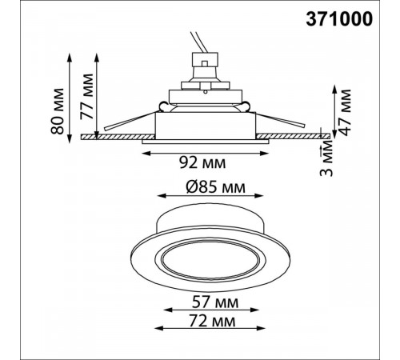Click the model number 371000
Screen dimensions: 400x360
(x=339, y=19)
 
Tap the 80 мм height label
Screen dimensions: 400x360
(x=58, y=111)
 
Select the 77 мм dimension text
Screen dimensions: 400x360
(x=87, y=96)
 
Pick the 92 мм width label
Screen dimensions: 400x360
(x=202, y=162)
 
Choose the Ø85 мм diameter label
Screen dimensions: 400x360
(x=215, y=187)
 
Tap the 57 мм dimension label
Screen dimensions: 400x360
(x=215, y=302)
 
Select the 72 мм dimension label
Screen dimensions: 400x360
(x=213, y=321)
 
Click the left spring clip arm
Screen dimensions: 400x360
(x=130, y=121)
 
